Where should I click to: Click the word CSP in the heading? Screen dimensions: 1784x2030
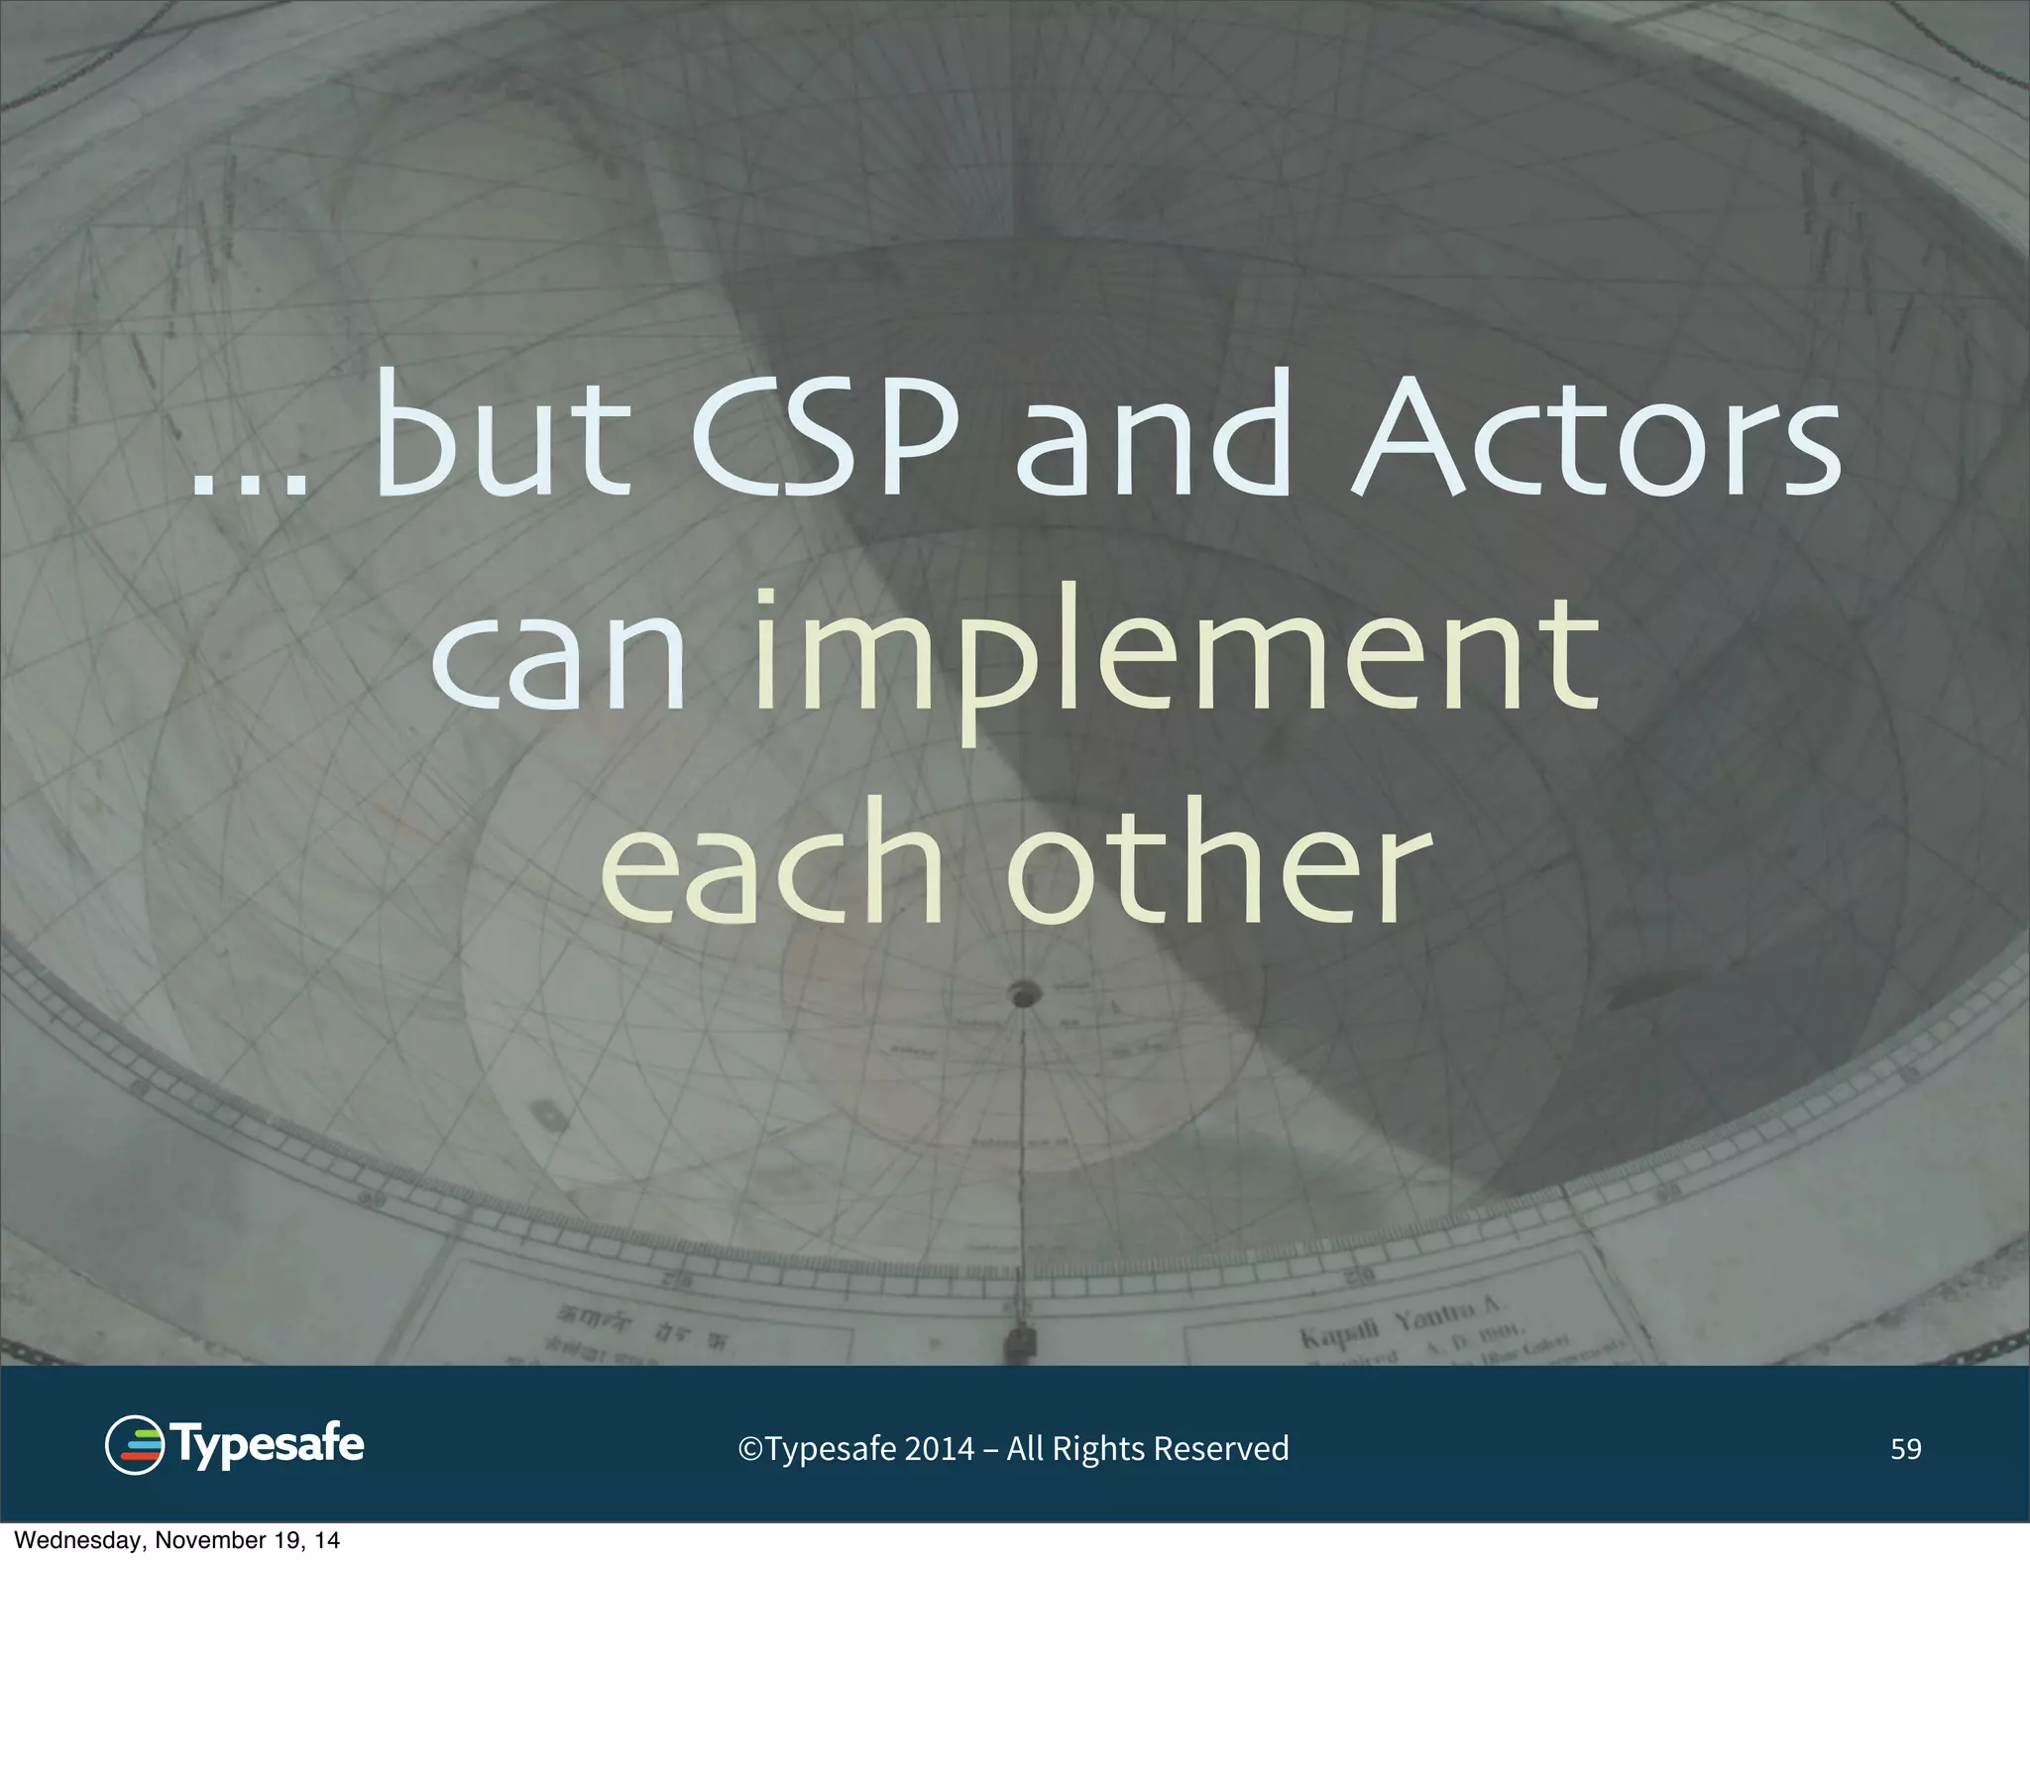pyautogui.click(x=825, y=437)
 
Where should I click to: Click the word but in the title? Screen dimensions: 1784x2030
pyautogui.click(x=502, y=437)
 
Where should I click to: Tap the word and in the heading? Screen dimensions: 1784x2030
pyautogui.click(x=1152, y=437)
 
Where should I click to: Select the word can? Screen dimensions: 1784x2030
pyautogui.click(x=559, y=660)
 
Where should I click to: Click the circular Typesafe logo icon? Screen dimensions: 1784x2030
pyautogui.click(x=134, y=1445)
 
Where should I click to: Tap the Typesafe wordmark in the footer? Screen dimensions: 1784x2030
pyautogui.click(x=269, y=1445)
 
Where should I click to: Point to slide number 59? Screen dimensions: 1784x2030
pyautogui.click(x=1905, y=1449)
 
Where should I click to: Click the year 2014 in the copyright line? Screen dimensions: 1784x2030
pyautogui.click(x=939, y=1449)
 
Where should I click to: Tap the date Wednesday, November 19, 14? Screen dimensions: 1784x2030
pyautogui.click(x=176, y=1540)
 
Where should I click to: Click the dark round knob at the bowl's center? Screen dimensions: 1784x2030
pyautogui.click(x=1024, y=993)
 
